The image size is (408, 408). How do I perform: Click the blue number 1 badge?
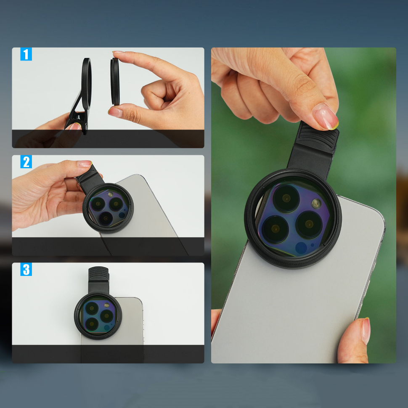click(x=26, y=54)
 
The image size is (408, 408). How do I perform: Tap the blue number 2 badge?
click(x=26, y=162)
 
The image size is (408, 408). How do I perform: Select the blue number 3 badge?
click(x=26, y=269)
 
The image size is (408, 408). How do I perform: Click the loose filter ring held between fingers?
click(x=115, y=82)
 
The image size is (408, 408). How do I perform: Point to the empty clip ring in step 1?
click(x=86, y=84)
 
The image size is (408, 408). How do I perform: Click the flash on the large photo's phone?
click(x=316, y=204)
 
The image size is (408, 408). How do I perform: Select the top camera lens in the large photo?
click(x=286, y=199)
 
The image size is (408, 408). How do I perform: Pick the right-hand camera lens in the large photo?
click(x=309, y=225)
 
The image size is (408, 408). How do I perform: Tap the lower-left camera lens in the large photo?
click(x=276, y=229)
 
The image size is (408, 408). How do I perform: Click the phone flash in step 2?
click(x=110, y=194)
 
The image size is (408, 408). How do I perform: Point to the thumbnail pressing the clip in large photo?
click(x=325, y=117)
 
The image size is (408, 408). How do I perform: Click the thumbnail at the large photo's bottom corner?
click(x=366, y=331)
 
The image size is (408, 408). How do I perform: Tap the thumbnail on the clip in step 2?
click(x=84, y=164)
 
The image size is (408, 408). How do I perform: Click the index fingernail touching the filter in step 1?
click(x=118, y=52)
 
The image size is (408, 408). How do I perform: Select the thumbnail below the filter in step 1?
click(x=115, y=112)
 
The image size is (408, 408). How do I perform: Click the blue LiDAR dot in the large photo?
click(x=301, y=248)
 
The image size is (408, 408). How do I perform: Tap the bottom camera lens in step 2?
click(x=106, y=218)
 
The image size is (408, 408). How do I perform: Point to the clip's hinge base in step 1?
click(x=77, y=122)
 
